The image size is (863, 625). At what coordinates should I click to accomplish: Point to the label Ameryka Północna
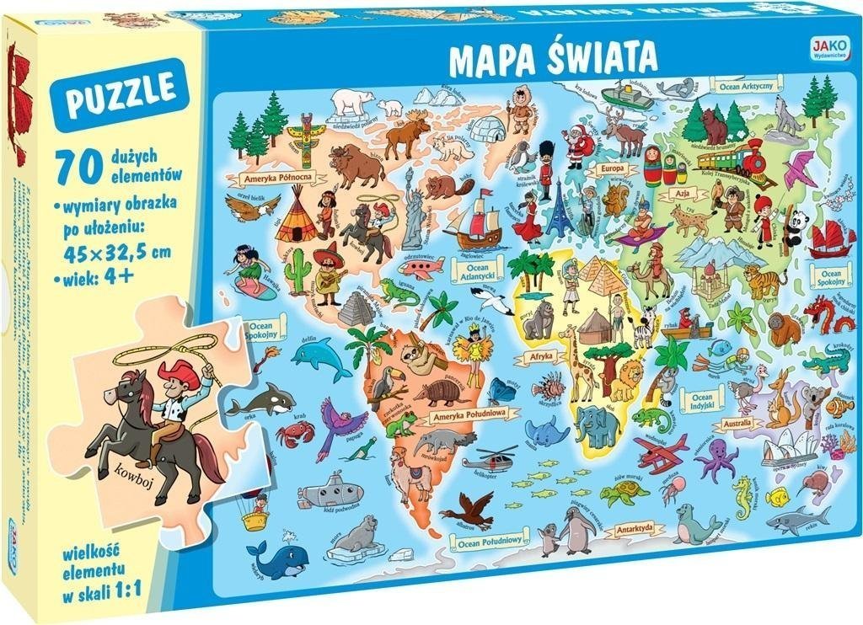tap(277, 178)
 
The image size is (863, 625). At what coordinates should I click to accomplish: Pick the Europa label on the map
tap(611, 168)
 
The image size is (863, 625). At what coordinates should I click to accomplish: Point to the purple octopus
tap(716, 460)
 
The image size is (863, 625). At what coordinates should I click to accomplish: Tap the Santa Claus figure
tap(579, 144)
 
